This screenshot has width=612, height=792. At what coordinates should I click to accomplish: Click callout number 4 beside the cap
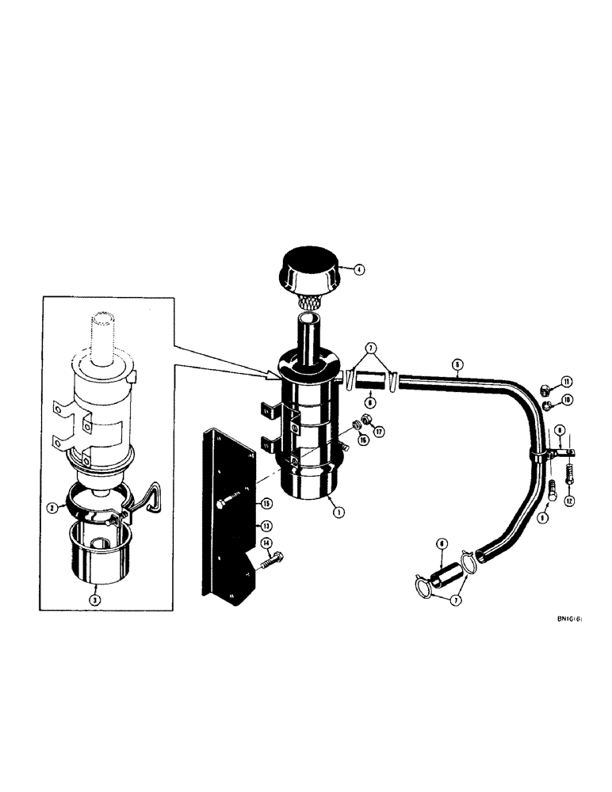(358, 269)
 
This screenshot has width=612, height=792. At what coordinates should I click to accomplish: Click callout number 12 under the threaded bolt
(570, 501)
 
